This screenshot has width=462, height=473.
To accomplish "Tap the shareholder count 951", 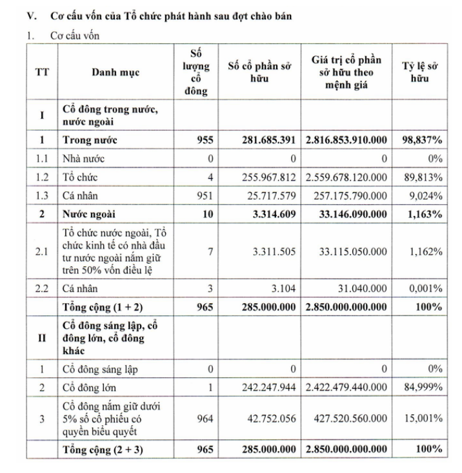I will (205, 194).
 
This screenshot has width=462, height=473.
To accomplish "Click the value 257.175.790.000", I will (346, 194).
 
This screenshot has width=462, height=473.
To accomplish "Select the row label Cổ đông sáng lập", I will (100, 369).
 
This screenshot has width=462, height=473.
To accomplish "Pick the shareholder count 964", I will (205, 419).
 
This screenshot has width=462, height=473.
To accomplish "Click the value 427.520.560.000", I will (346, 419).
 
